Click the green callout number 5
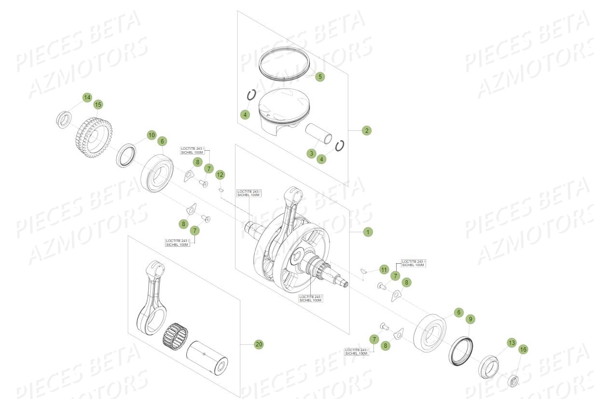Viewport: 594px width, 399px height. pyautogui.click(x=320, y=76)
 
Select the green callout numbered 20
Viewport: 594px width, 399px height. pyautogui.click(x=259, y=344)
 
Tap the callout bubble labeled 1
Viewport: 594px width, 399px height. pyautogui.click(x=368, y=232)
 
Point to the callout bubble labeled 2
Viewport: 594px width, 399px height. pyautogui.click(x=367, y=130)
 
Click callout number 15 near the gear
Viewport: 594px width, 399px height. pyautogui.click(x=98, y=104)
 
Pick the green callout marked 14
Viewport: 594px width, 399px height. pyautogui.click(x=87, y=98)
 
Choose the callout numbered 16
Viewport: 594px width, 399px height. pyautogui.click(x=523, y=349)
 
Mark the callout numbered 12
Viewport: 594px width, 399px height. pyautogui.click(x=220, y=174)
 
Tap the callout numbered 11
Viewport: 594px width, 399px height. pyautogui.click(x=384, y=270)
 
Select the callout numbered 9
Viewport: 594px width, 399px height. pyautogui.click(x=470, y=319)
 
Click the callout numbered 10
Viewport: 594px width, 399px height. pyautogui.click(x=152, y=135)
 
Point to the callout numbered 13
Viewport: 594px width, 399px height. pyautogui.click(x=511, y=342)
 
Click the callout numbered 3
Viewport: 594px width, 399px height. pyautogui.click(x=312, y=154)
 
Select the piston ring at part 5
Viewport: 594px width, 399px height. pyautogui.click(x=284, y=63)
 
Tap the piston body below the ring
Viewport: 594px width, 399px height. pyautogui.click(x=282, y=112)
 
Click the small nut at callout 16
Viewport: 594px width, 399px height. pyautogui.click(x=514, y=380)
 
